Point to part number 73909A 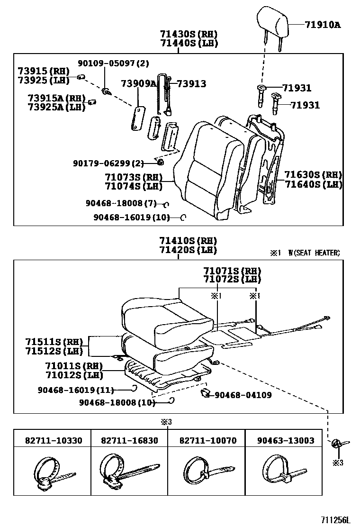pyautogui.click(x=138, y=83)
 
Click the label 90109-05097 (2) pyautogui.click(x=114, y=63)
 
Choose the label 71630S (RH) pyautogui.click(x=313, y=175)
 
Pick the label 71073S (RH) pyautogui.click(x=134, y=177)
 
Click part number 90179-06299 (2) pyautogui.click(x=108, y=163)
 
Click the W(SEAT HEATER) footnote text pyautogui.click(x=314, y=253)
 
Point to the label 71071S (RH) pyautogui.click(x=232, y=271)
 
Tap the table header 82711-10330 pyautogui.click(x=54, y=440)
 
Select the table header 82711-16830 pyautogui.click(x=129, y=440)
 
